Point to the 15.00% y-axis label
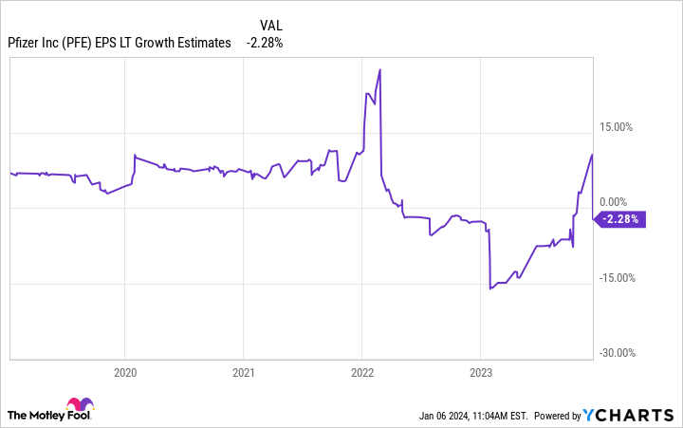617,126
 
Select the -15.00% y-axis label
617,278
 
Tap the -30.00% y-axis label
617,353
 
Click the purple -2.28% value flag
620,219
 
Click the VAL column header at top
270,24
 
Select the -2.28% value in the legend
265,42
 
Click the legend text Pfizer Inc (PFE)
55,42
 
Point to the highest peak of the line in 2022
379,69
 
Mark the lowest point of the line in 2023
489,288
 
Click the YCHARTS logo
631,416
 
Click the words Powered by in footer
557,416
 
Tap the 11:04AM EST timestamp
503,416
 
